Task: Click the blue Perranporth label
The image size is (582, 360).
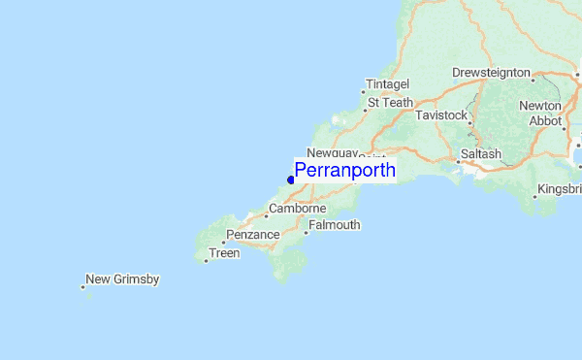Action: tap(344, 171)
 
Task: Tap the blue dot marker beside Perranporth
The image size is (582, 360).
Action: tap(291, 179)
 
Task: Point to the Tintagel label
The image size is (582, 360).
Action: tap(388, 84)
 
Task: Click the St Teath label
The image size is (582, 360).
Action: tap(390, 102)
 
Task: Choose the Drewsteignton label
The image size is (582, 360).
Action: tap(492, 73)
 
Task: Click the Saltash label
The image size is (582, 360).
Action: tap(481, 154)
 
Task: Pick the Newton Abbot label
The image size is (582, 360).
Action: tap(540, 114)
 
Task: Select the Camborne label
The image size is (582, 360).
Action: tap(298, 209)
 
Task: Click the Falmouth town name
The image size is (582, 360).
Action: tap(336, 225)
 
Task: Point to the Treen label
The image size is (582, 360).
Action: tap(224, 253)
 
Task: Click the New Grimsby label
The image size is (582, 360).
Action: tap(122, 279)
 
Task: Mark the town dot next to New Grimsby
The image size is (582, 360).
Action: tap(82, 286)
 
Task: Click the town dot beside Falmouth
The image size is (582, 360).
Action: tap(306, 232)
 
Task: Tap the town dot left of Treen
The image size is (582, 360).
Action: tap(207, 260)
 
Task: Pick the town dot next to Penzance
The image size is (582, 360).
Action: tap(223, 242)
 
